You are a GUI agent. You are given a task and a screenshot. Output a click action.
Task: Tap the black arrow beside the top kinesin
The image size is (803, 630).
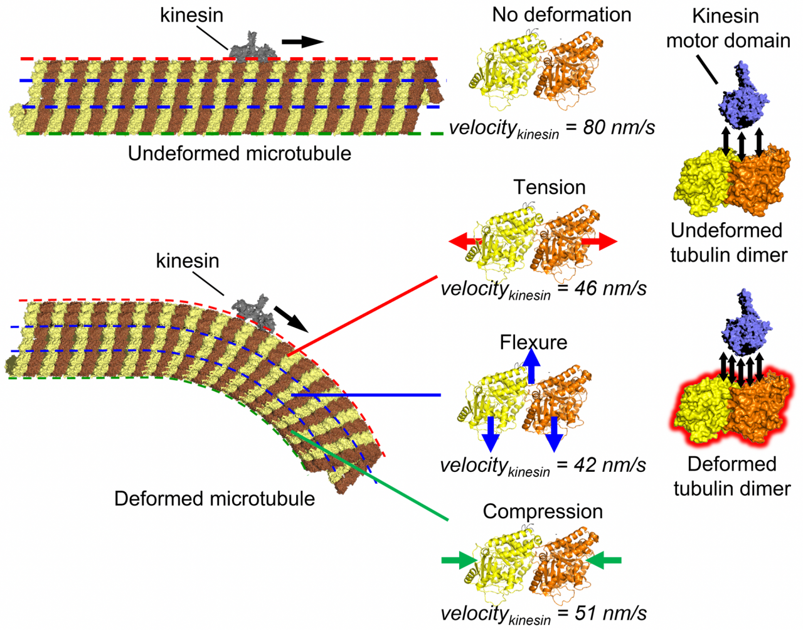[302, 42]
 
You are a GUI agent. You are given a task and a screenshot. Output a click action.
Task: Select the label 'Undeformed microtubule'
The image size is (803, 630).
[239, 154]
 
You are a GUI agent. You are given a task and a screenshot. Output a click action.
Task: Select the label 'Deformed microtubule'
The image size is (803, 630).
[214, 499]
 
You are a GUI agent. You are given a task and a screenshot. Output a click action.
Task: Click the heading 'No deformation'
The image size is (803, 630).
[561, 15]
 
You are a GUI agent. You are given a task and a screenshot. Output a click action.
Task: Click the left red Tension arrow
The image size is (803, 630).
[465, 242]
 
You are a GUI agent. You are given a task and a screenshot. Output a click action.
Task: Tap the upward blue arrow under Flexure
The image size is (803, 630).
[531, 365]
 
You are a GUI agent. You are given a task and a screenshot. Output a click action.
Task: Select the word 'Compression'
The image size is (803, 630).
[543, 511]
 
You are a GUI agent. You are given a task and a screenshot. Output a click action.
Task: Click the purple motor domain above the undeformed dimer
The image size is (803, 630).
[743, 97]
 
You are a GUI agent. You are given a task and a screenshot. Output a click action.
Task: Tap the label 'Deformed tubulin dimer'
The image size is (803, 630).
[731, 476]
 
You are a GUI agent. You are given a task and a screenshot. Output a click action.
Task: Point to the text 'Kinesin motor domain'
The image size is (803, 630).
[728, 28]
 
